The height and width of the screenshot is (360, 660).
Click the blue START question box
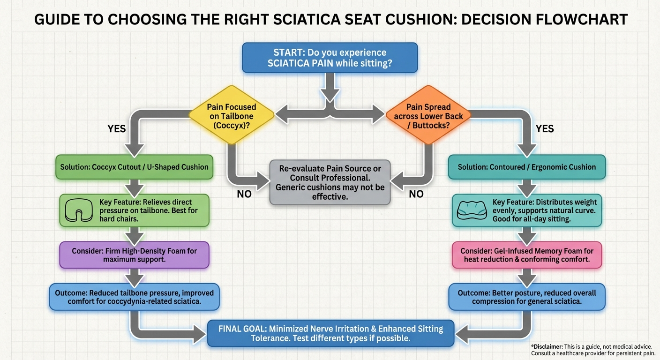(x=330, y=58)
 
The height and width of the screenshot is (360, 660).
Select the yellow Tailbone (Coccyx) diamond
(x=231, y=114)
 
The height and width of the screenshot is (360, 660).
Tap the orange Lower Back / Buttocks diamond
(x=428, y=114)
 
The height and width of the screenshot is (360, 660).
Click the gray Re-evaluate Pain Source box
(x=330, y=182)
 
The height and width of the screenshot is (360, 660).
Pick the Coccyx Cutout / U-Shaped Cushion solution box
(x=134, y=167)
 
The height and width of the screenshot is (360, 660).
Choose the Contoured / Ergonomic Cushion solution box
(x=527, y=167)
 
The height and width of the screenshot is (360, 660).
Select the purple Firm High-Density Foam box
(x=134, y=255)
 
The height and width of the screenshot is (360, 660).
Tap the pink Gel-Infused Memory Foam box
(x=527, y=255)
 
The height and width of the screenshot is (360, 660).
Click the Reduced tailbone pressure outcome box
(x=134, y=297)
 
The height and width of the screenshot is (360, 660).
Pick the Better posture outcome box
(x=527, y=297)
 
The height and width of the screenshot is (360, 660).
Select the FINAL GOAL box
(x=330, y=333)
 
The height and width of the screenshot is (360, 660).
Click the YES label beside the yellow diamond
(x=117, y=128)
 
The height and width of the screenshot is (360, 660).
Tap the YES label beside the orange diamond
(x=544, y=128)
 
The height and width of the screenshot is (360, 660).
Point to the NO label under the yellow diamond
(x=244, y=194)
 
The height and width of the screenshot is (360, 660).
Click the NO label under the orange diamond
(x=416, y=194)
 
